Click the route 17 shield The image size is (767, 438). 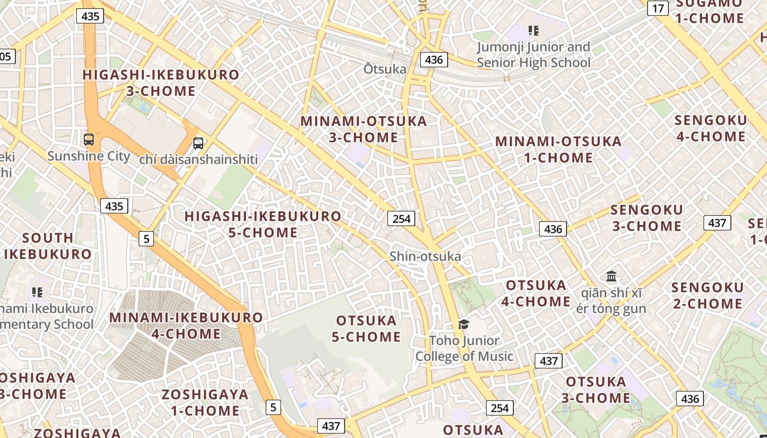coord(658,8)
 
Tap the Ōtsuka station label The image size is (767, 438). coord(385,69)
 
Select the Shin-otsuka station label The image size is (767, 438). coord(425,256)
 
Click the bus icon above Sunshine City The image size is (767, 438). coord(89,140)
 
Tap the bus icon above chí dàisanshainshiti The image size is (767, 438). coord(198,143)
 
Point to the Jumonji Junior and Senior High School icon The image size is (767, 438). coord(533,31)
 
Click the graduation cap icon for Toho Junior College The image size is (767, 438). coord(464,324)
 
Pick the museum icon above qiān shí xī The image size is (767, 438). coord(611,276)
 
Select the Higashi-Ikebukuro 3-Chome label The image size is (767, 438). coord(161,83)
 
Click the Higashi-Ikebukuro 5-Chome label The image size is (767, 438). coord(263,224)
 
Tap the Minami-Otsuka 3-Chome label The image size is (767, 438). coord(364,129)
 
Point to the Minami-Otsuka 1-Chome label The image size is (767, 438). coord(558,149)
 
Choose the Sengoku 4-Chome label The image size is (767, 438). coord(711,128)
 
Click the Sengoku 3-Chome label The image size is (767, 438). coord(646,218)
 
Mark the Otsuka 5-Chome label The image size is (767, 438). coord(366,328)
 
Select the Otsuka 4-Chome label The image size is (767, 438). coord(536,293)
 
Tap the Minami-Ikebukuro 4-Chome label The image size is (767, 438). coord(186,325)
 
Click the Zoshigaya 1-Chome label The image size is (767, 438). coord(205,402)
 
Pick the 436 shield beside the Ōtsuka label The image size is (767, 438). coord(434,60)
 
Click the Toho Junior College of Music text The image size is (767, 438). coord(464,349)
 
